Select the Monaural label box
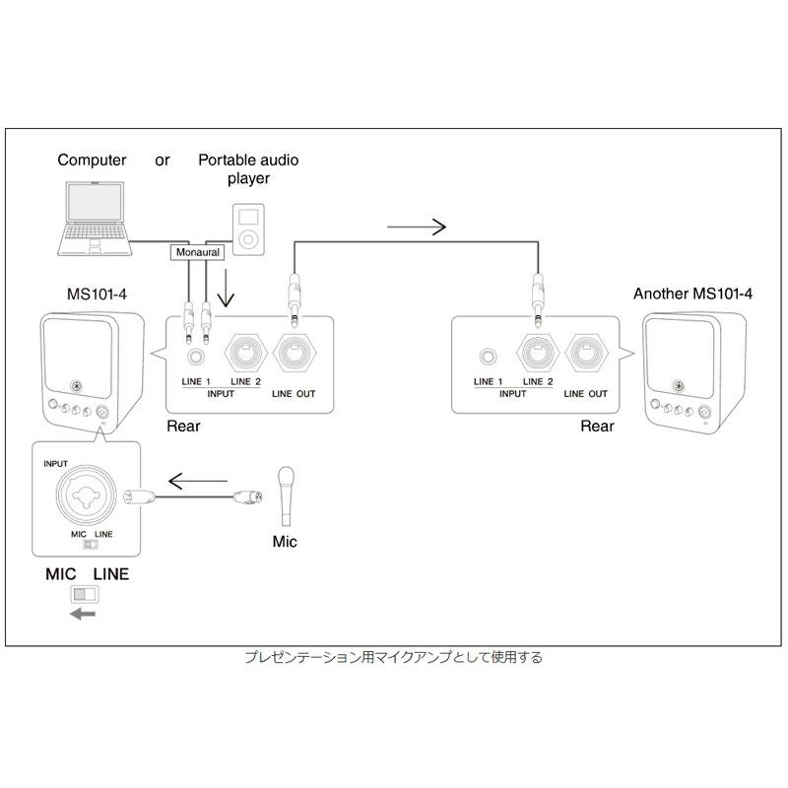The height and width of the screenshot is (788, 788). click(199, 252)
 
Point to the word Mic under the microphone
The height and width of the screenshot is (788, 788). click(284, 542)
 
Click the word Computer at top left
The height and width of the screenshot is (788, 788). click(92, 161)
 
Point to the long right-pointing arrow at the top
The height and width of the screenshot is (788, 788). click(418, 228)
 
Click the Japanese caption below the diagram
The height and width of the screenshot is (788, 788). click(393, 657)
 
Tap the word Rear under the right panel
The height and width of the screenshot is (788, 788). click(597, 427)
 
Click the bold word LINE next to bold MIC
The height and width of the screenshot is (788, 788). click(110, 573)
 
